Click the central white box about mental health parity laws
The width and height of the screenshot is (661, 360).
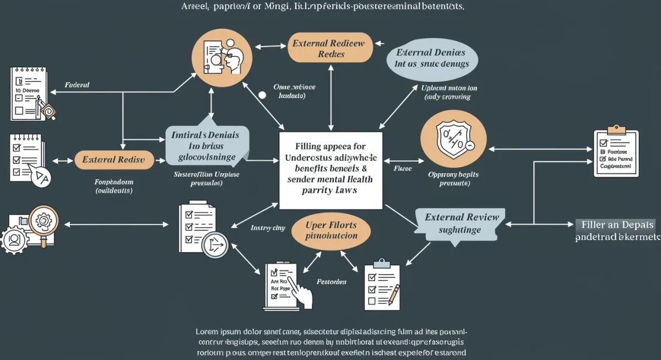tap(330, 171)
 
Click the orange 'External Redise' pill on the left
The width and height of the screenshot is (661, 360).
tap(113, 160)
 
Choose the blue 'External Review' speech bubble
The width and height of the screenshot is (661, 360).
tap(460, 223)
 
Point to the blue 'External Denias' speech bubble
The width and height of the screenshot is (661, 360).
tap(431, 58)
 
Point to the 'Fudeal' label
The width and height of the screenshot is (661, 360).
tap(77, 85)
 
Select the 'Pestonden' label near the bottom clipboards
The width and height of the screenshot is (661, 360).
tap(332, 281)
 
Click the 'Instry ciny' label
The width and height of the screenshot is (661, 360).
tap(268, 227)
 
